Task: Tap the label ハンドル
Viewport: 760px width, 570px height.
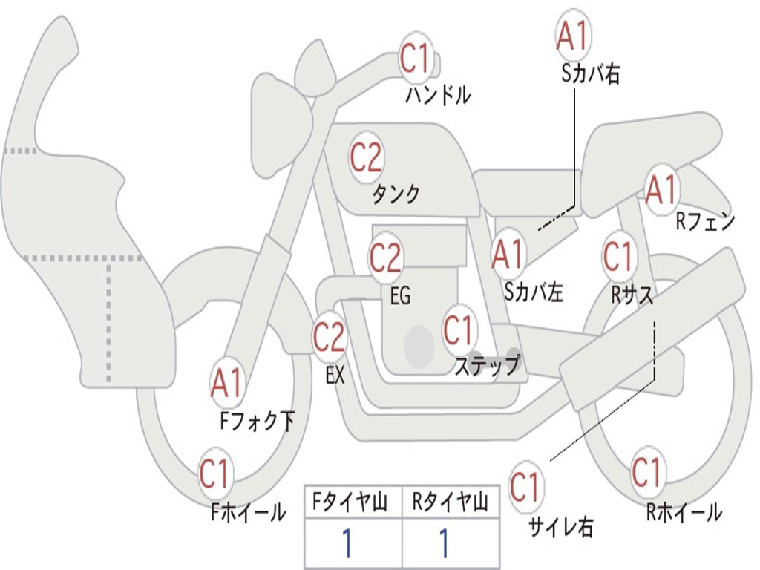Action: (438, 95)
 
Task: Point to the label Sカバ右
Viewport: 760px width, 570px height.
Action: (591, 74)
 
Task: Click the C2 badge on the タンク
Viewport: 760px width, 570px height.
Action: (366, 157)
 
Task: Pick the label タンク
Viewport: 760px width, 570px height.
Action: (396, 194)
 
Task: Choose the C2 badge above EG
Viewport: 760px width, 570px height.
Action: (385, 258)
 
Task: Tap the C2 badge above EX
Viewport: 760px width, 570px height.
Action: (329, 337)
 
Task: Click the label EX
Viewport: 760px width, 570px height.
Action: (335, 376)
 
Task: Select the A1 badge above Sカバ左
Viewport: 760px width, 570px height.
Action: (508, 254)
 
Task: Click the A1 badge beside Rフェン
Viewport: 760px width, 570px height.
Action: (661, 189)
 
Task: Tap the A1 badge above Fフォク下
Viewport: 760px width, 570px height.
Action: (226, 383)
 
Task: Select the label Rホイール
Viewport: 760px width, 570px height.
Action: (684, 511)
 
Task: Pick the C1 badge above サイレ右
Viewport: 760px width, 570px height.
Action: (525, 487)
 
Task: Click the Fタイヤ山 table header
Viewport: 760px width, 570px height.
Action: (353, 504)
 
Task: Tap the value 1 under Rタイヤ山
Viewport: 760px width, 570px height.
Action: (444, 544)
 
